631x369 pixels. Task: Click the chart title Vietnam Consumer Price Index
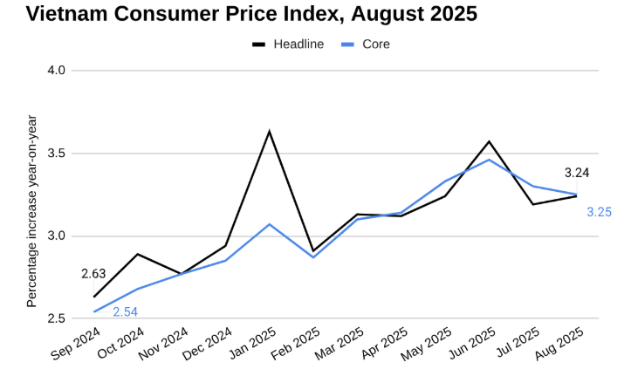tap(239, 14)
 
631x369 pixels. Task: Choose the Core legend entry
tap(376, 44)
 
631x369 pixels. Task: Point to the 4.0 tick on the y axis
tap(56, 70)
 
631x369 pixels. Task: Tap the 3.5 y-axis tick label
tap(56, 154)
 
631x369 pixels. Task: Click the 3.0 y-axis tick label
tap(56, 236)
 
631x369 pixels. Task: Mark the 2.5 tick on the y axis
tap(56, 319)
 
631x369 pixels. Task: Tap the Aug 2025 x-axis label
tap(559, 343)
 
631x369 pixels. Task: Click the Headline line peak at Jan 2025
tap(270, 132)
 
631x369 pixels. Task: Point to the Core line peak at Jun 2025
tap(489, 160)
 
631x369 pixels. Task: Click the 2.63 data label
tap(93, 274)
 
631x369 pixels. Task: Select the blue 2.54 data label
tap(125, 311)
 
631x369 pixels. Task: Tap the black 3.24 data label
tap(577, 173)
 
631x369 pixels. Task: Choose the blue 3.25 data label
tap(599, 212)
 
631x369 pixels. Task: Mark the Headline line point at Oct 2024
tap(138, 254)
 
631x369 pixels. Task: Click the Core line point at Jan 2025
tap(270, 224)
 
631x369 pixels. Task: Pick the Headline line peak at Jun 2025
tap(489, 141)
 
